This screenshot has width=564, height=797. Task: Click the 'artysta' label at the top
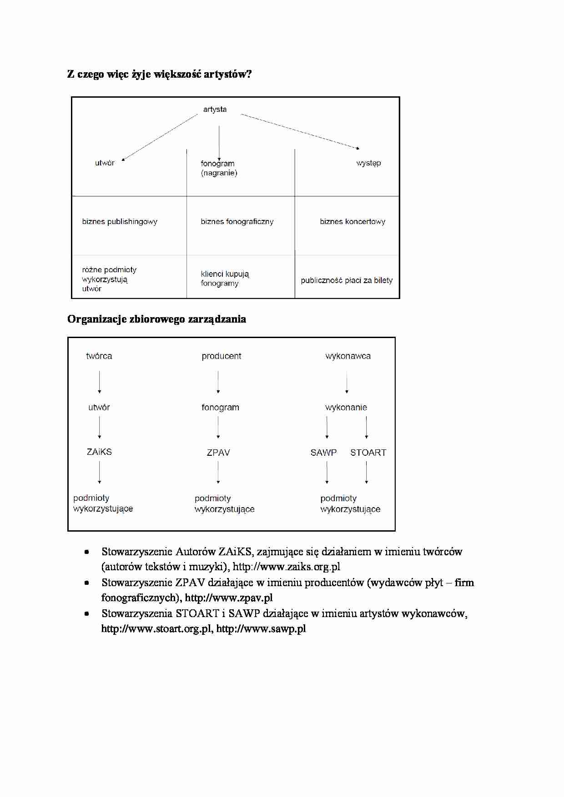(x=215, y=110)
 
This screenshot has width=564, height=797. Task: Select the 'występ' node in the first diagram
(x=368, y=163)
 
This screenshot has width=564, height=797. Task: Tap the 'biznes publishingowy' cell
(x=120, y=222)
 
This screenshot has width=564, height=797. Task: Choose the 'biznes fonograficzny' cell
(x=237, y=222)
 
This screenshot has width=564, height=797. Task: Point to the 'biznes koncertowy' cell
(x=352, y=222)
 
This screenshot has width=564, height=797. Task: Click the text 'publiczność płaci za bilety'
(x=347, y=280)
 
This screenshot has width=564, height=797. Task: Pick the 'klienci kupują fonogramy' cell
(x=225, y=279)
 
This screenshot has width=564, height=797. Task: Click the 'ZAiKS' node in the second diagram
(x=99, y=452)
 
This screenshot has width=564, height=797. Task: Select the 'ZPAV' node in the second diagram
(x=218, y=453)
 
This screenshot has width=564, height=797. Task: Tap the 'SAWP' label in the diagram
(x=323, y=453)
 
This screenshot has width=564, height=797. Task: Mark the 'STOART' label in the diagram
(x=368, y=453)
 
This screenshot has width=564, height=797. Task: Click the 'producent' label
(x=222, y=356)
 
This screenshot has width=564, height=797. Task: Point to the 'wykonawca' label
(x=348, y=356)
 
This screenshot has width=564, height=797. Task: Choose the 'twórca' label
(x=99, y=356)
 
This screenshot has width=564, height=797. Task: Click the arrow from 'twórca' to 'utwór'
(x=100, y=382)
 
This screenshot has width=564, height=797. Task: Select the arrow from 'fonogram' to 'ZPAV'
(x=218, y=427)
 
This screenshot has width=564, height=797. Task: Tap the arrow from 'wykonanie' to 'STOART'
(x=367, y=427)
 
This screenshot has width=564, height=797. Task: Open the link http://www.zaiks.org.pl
(x=287, y=567)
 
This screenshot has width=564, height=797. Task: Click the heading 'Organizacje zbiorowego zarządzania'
(x=156, y=319)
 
